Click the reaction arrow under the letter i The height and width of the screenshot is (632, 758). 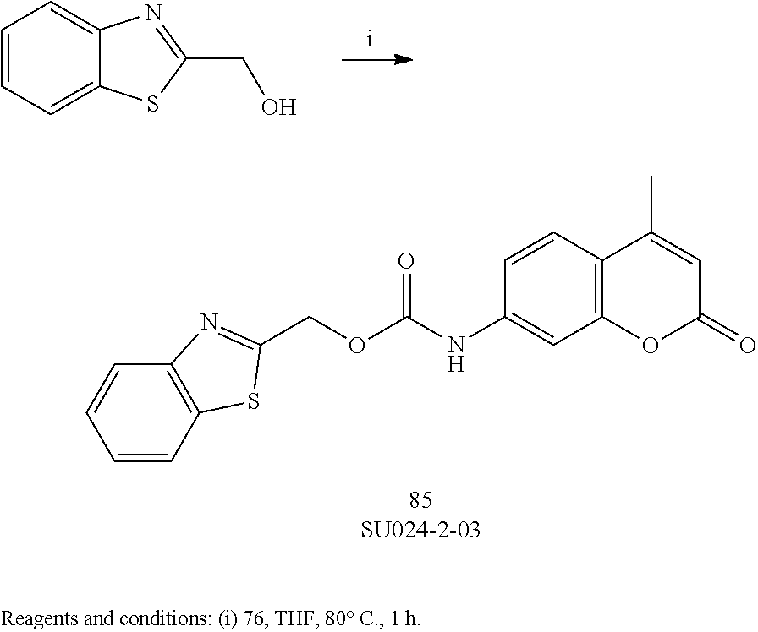coord(376,61)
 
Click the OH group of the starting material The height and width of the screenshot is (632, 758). coord(278,108)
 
